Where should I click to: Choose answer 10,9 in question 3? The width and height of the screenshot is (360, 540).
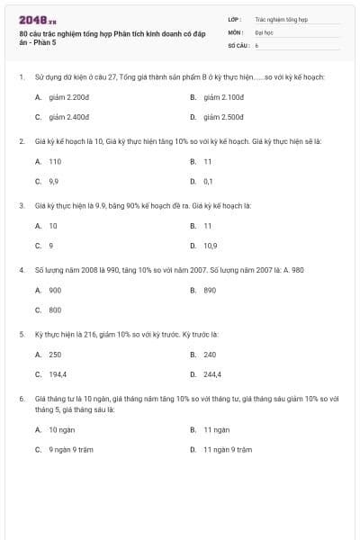(210, 245)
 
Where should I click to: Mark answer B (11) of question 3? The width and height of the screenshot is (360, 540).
(207, 225)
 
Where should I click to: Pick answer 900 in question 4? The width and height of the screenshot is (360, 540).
(55, 290)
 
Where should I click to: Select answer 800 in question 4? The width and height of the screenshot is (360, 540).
(55, 310)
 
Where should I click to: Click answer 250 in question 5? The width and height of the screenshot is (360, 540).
(55, 354)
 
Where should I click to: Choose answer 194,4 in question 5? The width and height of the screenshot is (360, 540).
(58, 373)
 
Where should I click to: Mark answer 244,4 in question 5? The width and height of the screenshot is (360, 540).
(212, 373)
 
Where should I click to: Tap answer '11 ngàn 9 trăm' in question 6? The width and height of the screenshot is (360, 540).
(228, 448)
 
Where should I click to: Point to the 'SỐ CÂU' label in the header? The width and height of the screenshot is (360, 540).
(238, 43)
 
